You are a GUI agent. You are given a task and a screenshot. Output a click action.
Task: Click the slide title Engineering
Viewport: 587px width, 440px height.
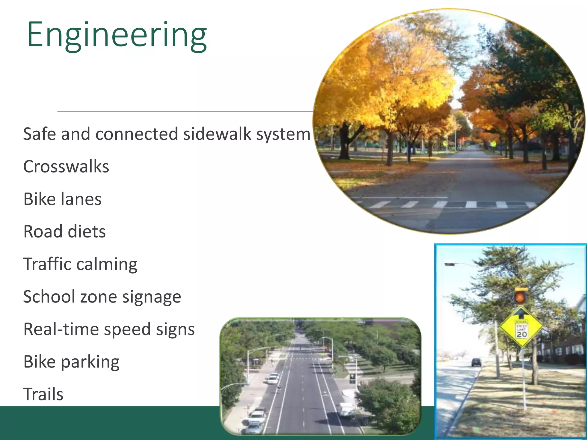tap(117, 35)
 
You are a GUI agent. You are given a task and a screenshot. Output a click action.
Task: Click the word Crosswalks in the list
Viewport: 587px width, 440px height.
tap(66, 166)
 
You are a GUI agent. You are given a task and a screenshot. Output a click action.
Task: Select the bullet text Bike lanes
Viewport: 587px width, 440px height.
tap(62, 199)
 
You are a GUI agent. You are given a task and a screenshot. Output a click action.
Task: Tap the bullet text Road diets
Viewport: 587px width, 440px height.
tap(64, 231)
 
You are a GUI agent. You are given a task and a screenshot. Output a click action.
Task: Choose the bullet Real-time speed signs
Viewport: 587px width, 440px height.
tap(109, 329)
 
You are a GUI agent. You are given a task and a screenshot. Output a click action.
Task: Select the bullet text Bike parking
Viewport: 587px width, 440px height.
tap(71, 362)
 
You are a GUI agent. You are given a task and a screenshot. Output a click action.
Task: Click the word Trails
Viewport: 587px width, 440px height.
tap(43, 394)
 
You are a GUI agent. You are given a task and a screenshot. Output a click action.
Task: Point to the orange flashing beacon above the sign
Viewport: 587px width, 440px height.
tap(520, 297)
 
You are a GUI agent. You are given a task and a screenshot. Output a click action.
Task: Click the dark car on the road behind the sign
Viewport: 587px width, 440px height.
tap(476, 362)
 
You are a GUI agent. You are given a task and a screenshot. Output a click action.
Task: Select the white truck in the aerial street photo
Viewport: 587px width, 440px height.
tap(346, 410)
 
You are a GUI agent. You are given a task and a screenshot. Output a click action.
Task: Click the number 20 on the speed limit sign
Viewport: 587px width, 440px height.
tap(522, 334)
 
